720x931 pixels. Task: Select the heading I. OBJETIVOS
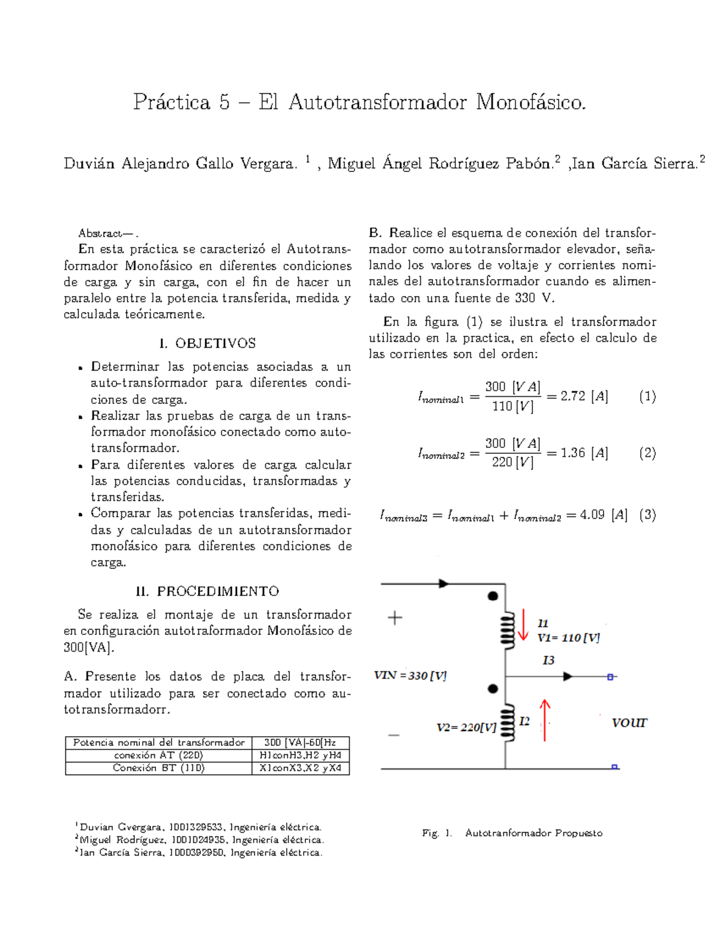208,344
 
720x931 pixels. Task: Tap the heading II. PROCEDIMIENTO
208,591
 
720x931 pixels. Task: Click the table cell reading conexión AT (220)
159,755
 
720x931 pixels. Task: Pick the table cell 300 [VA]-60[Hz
300,743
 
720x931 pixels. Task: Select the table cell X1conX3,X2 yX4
300,768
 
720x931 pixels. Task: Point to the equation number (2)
647,453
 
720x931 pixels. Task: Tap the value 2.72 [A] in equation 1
584,396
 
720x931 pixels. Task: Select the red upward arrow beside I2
545,720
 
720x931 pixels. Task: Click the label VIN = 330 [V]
410,676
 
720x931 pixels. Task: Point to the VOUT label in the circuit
629,723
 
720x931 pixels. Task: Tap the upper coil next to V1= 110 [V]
508,629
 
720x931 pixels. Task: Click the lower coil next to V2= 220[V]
508,723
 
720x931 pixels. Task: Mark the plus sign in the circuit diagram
395,618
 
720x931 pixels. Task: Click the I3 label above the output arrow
548,661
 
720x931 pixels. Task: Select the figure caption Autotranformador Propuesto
533,833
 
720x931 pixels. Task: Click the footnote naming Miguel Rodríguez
201,840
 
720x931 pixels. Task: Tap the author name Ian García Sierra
635,164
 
